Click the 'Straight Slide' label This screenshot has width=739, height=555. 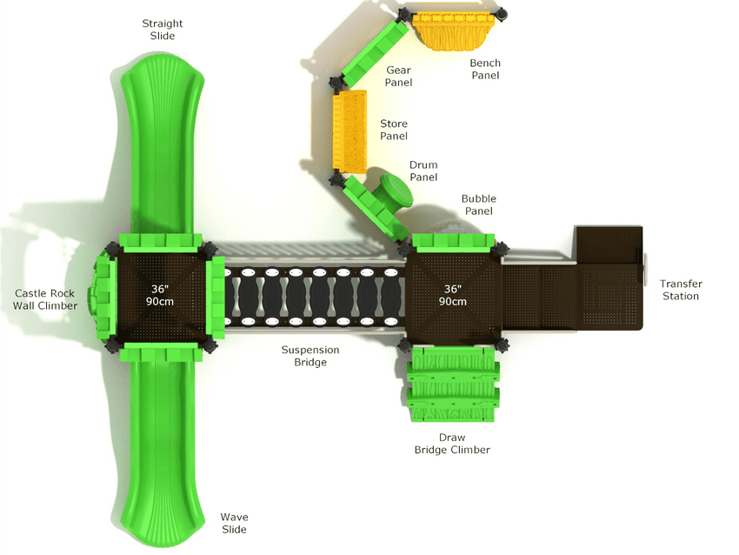[162, 30]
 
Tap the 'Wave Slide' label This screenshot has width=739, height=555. [234, 524]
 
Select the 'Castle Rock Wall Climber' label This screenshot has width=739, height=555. [44, 299]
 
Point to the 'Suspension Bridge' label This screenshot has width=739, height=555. [310, 356]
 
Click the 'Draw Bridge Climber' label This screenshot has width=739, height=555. [452, 444]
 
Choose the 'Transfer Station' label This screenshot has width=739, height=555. [681, 290]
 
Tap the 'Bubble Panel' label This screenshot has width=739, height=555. [479, 204]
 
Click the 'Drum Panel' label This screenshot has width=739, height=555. [423, 171]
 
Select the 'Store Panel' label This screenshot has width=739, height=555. [394, 130]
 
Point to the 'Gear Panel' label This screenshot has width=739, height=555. [398, 76]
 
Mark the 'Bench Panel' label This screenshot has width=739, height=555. [485, 69]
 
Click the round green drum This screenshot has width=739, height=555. [395, 190]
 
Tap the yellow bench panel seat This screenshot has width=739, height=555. [455, 31]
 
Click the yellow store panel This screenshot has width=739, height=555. [350, 130]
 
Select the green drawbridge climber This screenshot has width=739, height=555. [452, 384]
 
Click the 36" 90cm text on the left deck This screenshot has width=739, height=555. [160, 295]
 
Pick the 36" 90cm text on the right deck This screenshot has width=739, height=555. [452, 295]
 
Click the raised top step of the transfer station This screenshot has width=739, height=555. [609, 244]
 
